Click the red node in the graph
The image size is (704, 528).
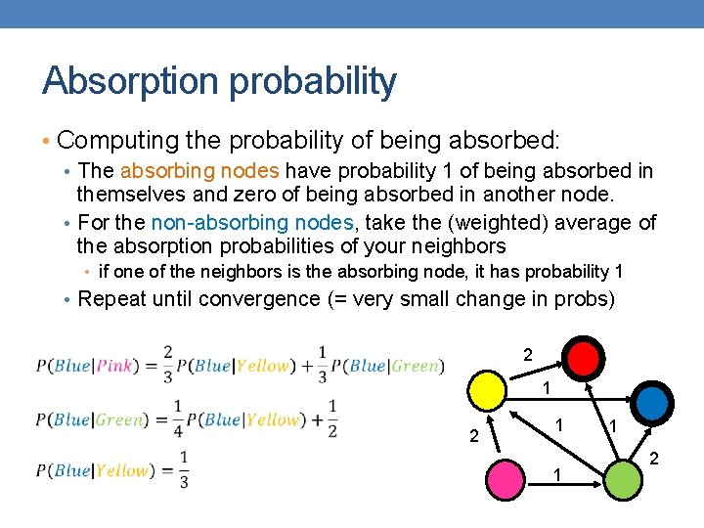583,359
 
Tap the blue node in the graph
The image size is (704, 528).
652,403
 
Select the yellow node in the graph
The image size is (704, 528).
487,390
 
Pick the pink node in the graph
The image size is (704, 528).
506,479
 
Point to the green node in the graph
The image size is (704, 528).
623,480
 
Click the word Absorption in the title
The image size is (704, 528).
130,81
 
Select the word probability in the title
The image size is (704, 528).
313,81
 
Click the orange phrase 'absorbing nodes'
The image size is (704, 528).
199,170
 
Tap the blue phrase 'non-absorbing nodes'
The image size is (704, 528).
252,222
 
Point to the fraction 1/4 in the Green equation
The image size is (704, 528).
178,418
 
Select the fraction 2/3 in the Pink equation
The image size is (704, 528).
168,365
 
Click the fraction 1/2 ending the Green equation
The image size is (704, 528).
332,418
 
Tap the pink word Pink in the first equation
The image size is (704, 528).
115,366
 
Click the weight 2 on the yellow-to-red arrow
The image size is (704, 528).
528,355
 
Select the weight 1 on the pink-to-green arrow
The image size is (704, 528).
557,475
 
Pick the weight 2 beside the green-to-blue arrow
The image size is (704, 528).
654,459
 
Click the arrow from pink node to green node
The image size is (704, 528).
564,484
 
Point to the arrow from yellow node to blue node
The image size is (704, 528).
569,399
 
